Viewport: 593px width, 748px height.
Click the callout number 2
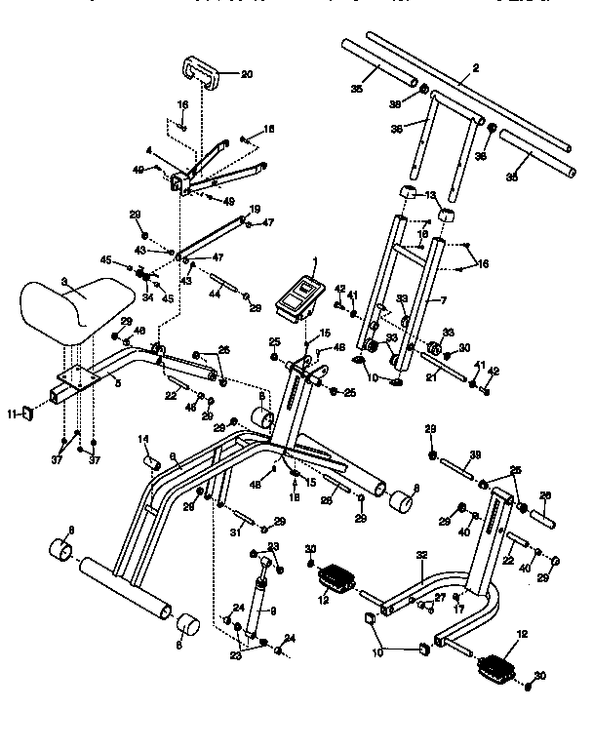click(476, 67)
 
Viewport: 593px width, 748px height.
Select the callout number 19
click(255, 210)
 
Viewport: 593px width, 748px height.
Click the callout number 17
click(458, 610)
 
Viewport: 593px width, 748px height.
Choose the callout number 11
click(13, 414)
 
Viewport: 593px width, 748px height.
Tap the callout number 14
click(142, 439)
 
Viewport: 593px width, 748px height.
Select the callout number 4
click(147, 151)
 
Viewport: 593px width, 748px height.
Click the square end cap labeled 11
click(28, 413)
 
